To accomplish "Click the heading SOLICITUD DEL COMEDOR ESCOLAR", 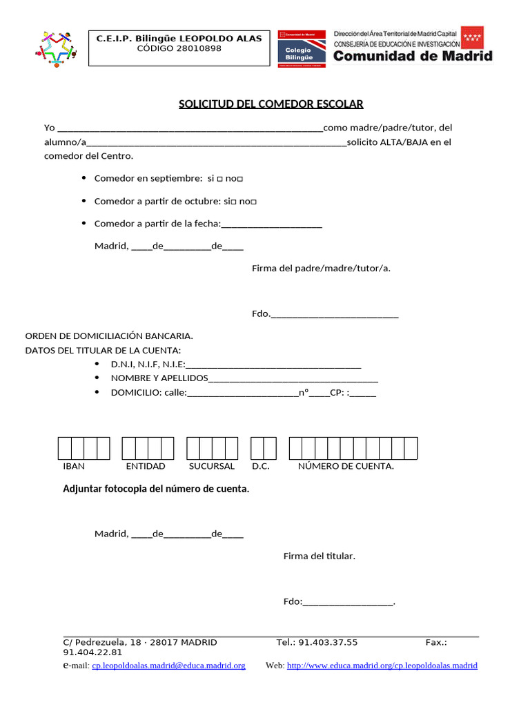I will pyautogui.click(x=271, y=104).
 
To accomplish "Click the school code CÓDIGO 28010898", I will pyautogui.click(x=179, y=49).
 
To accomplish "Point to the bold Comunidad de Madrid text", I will pyautogui.click(x=413, y=57).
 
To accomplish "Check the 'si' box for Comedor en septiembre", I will pyautogui.click(x=219, y=180).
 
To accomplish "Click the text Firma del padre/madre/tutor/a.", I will pyautogui.click(x=321, y=268).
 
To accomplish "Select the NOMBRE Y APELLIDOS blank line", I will pyautogui.click(x=293, y=378).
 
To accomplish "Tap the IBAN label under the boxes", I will pyautogui.click(x=74, y=467).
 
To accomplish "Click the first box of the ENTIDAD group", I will pyautogui.click(x=128, y=449).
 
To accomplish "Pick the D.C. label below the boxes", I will pyautogui.click(x=261, y=467).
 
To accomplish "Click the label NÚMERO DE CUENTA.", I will pyautogui.click(x=346, y=467).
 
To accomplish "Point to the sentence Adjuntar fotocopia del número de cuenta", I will pyautogui.click(x=156, y=489).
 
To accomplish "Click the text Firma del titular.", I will pyautogui.click(x=319, y=556).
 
